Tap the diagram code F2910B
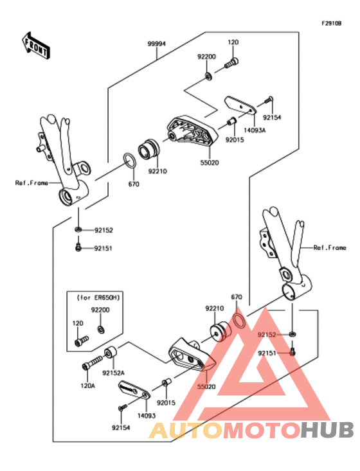pos(332,23)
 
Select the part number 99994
pos(157,44)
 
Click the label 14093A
pos(255,130)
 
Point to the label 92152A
pos(113,373)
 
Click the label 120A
pos(87,386)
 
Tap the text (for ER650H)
pos(98,298)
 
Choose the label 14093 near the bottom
pos(147,416)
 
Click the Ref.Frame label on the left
pos(32,182)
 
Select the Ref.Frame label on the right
pos(330,247)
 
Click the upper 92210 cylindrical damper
pos(148,148)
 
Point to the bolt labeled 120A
pos(93,361)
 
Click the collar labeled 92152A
pos(111,353)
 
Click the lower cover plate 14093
pos(134,390)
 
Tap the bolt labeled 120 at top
pos(231,63)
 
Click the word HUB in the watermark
pos(328,429)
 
